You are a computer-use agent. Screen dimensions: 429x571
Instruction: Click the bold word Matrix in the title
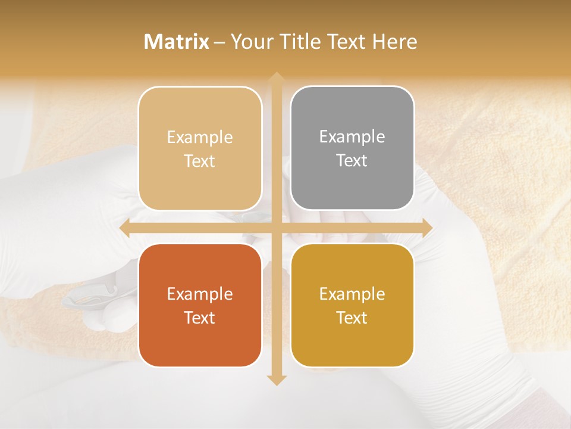[177, 42]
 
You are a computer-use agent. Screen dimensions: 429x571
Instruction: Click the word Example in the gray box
[352, 136]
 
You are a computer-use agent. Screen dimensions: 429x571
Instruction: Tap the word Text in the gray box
[352, 161]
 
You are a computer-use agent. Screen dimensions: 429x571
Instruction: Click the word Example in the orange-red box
[200, 294]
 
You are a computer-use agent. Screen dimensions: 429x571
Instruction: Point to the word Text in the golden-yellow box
[352, 318]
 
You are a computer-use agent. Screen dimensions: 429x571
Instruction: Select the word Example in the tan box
[200, 137]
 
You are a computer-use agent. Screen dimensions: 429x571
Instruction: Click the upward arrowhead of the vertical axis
[276, 77]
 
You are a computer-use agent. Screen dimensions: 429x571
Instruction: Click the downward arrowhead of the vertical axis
[276, 380]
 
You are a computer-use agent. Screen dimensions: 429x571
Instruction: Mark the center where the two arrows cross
[276, 228]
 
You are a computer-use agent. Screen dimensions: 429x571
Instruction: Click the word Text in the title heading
[345, 42]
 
